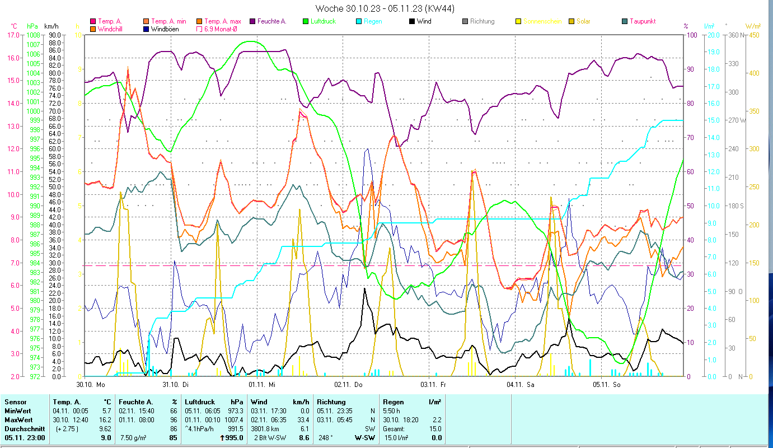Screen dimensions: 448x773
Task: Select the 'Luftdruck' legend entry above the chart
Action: pos(325,21)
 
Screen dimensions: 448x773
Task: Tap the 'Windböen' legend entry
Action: pos(165,29)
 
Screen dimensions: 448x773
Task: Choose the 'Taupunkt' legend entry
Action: pos(642,21)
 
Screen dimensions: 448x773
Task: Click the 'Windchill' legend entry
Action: pos(111,29)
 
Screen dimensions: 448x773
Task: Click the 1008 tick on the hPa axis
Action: pos(33,35)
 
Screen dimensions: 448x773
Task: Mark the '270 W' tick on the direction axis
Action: pos(735,120)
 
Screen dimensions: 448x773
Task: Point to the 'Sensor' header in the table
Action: pos(15,402)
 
